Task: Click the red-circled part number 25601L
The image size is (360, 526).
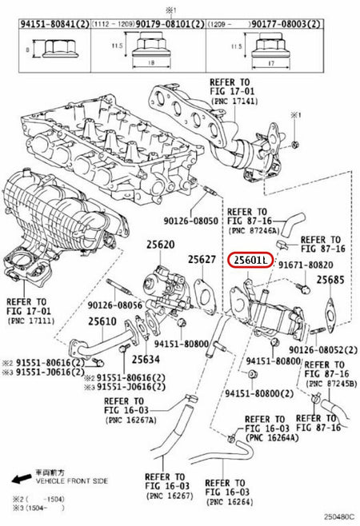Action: [x=251, y=261]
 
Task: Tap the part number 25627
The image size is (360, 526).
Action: [x=202, y=260]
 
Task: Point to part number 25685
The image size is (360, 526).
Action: [x=330, y=281]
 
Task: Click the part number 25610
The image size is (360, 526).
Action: [x=102, y=321]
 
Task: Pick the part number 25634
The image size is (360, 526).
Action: [x=146, y=360]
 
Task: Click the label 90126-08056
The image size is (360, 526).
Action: [x=115, y=305]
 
